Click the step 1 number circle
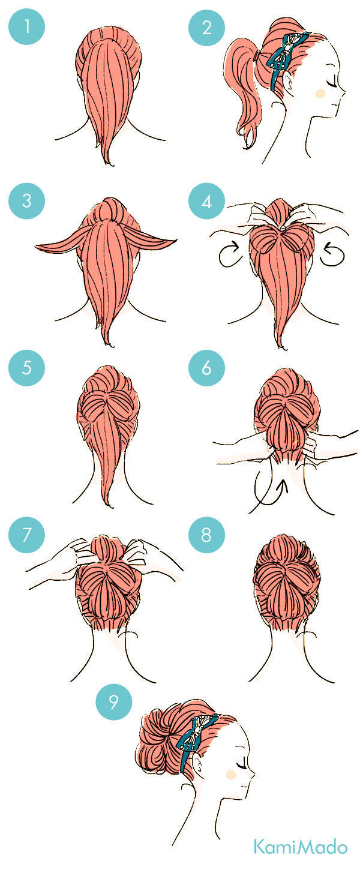click(x=26, y=27)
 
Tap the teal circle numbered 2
click(x=206, y=27)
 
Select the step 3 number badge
click(x=26, y=201)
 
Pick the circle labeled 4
click(x=206, y=202)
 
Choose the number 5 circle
click(x=26, y=368)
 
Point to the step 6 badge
click(x=206, y=368)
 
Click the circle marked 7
click(x=26, y=535)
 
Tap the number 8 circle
click(x=206, y=535)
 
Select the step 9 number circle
click(x=114, y=702)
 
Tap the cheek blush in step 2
click(x=320, y=94)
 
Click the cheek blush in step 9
click(x=231, y=775)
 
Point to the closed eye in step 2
click(x=331, y=82)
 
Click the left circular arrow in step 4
click(x=232, y=253)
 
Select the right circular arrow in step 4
click(x=332, y=254)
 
